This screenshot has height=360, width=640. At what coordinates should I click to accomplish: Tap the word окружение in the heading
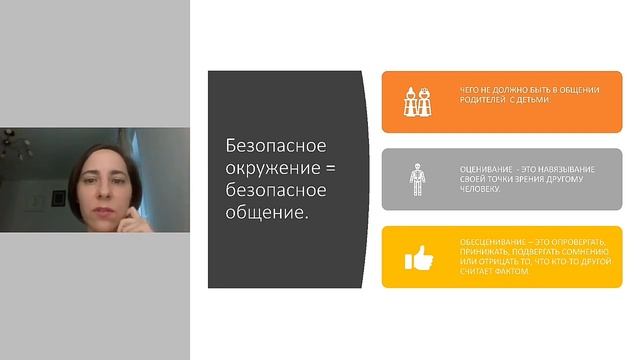click(264, 167)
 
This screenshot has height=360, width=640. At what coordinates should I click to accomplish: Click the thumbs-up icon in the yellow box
click(417, 258)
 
